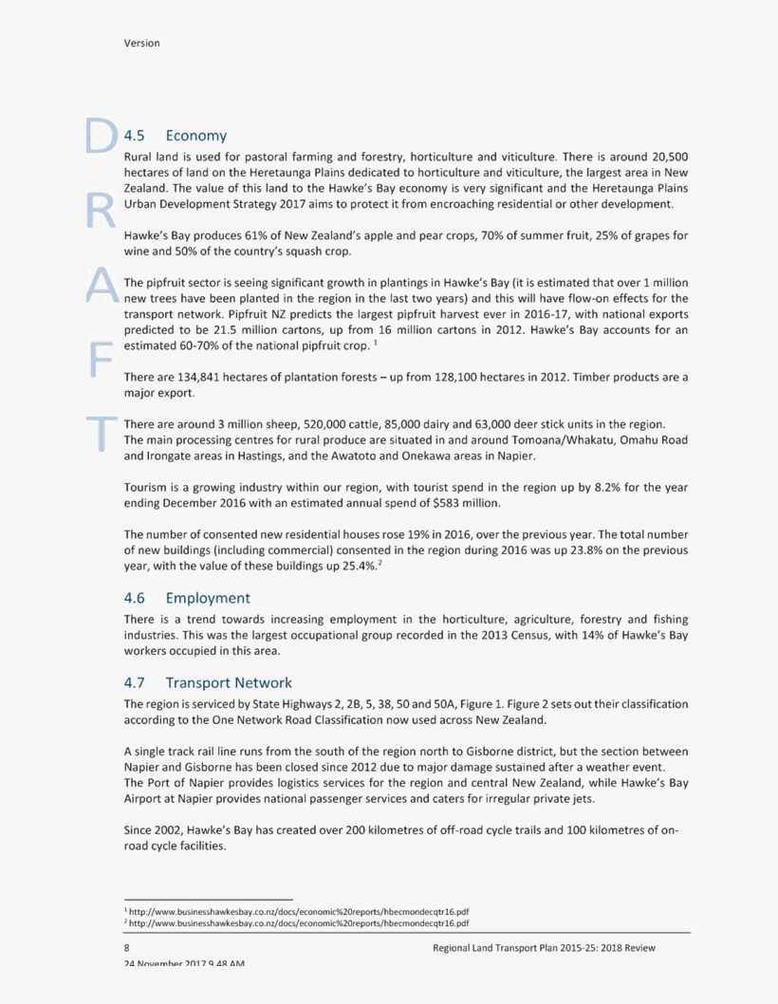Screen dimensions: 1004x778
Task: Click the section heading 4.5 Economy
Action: coord(176,136)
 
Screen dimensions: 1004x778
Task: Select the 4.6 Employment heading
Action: coord(187,598)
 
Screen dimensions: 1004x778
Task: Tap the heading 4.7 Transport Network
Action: coord(208,682)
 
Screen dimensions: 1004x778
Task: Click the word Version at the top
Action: coord(141,43)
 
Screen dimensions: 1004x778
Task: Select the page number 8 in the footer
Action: coord(127,948)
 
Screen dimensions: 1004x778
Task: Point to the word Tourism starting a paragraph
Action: coord(146,486)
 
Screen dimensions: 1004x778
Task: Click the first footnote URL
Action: coord(299,909)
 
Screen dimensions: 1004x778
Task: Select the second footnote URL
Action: coord(299,921)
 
